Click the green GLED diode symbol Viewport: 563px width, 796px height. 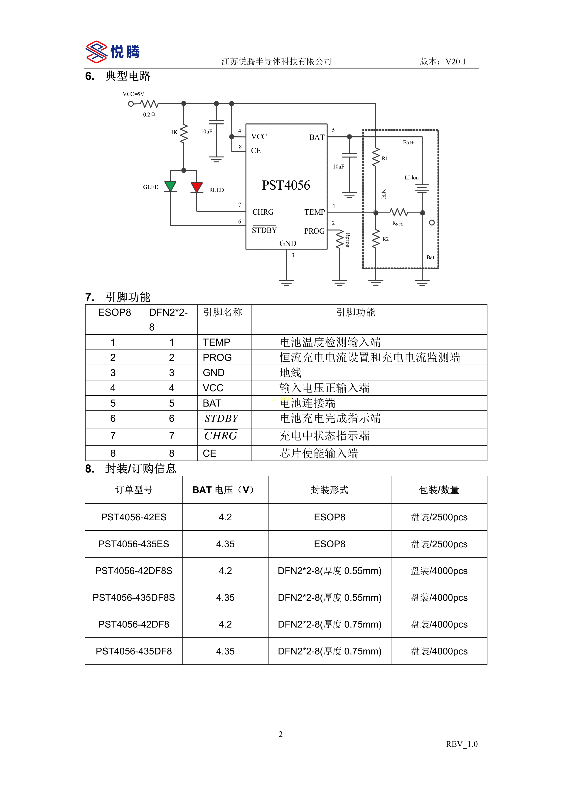pyautogui.click(x=170, y=186)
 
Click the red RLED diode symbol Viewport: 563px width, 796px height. pyautogui.click(x=197, y=187)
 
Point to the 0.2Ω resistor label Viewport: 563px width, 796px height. pyautogui.click(x=149, y=115)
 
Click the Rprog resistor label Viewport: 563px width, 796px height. pyautogui.click(x=347, y=240)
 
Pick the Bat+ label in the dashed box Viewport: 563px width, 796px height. pyautogui.click(x=408, y=142)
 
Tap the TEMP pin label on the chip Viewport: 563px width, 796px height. pyautogui.click(x=314, y=212)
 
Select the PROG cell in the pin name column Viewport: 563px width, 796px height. pyautogui.click(x=217, y=358)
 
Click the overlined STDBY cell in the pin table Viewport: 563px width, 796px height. pyautogui.click(x=222, y=419)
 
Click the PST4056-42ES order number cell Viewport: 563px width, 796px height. pyautogui.click(x=134, y=517)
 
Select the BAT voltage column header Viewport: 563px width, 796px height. pyautogui.click(x=225, y=490)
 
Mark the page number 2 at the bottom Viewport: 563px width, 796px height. pyautogui.click(x=281, y=734)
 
